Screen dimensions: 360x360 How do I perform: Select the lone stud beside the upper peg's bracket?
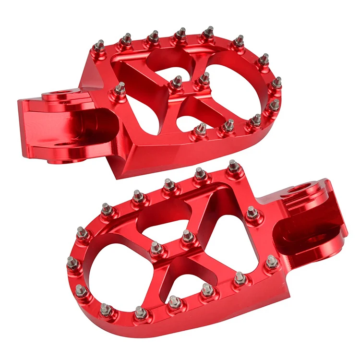click(x=120, y=89)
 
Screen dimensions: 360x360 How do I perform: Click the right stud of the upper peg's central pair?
click(x=204, y=78)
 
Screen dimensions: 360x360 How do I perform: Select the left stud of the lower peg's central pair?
click(x=156, y=248)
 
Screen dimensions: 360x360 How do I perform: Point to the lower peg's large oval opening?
click(x=115, y=269)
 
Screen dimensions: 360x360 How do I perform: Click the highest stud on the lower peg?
click(x=233, y=166)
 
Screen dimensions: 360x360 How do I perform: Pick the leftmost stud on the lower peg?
click(x=72, y=262)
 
